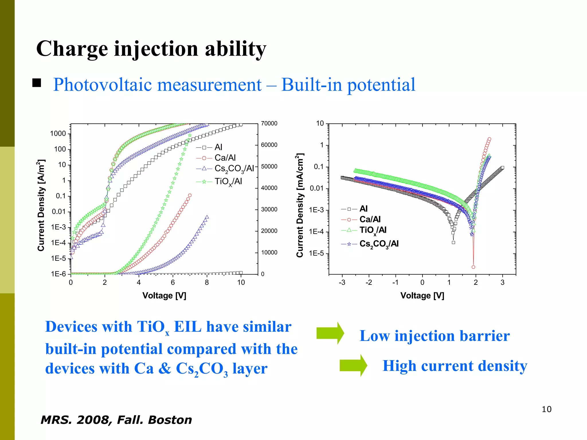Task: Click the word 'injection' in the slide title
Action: (x=156, y=49)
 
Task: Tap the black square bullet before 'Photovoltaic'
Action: (x=37, y=83)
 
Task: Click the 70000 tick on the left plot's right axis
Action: (x=269, y=123)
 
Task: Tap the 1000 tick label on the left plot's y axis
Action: (x=58, y=133)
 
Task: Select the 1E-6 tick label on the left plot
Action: (x=58, y=274)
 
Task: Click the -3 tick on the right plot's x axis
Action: (x=342, y=282)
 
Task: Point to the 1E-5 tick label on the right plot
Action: (x=316, y=254)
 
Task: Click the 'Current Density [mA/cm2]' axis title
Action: (x=300, y=205)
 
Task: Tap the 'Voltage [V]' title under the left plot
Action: (x=164, y=296)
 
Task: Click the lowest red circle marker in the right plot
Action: (x=473, y=267)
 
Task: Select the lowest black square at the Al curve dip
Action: (x=453, y=243)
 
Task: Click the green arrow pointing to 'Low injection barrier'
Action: (x=330, y=333)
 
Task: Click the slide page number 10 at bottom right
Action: (x=546, y=409)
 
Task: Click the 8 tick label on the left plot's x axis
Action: (x=207, y=282)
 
